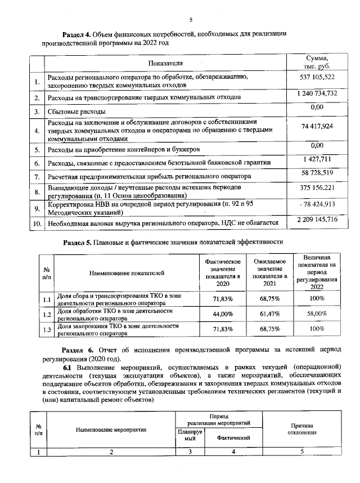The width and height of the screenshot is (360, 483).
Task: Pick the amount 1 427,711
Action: click(317, 160)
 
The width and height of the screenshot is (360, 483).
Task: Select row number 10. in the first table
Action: click(37, 224)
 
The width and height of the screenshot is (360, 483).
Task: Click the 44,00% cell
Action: click(223, 314)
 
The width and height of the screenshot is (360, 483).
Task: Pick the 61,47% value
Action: click(269, 314)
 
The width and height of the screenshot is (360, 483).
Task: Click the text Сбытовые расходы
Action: click(76, 111)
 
